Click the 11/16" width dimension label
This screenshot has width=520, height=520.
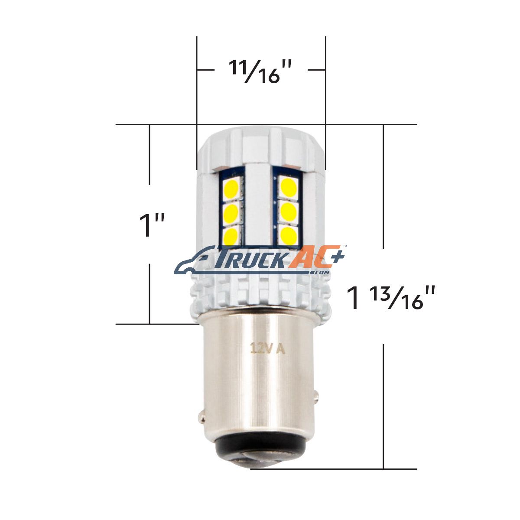[x=261, y=71]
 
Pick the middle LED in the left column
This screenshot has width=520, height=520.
[x=231, y=213]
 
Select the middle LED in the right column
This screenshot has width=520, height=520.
[x=289, y=211]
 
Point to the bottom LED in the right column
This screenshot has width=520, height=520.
[x=289, y=235]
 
